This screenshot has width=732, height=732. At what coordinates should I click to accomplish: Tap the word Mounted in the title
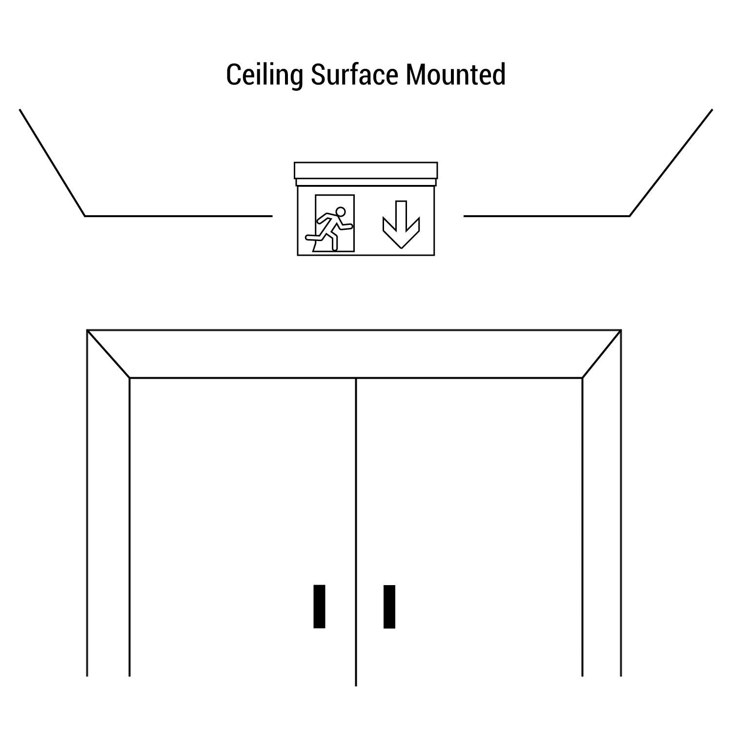(455, 75)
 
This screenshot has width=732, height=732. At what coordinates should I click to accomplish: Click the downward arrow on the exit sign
(401, 224)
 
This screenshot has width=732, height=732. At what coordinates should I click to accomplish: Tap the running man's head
(341, 212)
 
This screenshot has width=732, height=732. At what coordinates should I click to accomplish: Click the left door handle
(319, 606)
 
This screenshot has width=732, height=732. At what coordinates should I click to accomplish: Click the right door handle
(389, 606)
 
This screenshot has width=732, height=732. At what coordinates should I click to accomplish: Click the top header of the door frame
(354, 354)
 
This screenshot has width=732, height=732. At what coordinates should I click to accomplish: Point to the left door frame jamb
(108, 503)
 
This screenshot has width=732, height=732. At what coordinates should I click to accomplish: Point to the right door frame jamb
(602, 503)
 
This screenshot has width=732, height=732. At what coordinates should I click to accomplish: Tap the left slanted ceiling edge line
(52, 163)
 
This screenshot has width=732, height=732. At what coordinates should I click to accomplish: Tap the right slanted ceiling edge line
(671, 163)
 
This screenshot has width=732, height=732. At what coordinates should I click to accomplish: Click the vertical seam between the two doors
(356, 532)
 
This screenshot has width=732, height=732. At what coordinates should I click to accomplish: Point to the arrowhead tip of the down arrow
(401, 248)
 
